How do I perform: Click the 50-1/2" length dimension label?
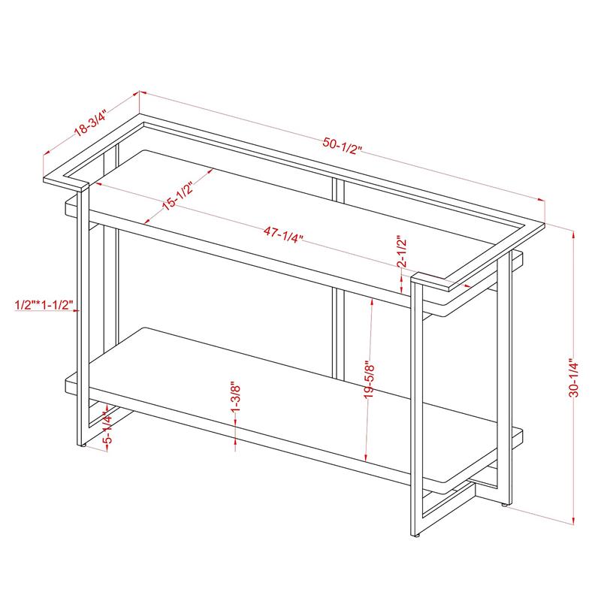coord(342,146)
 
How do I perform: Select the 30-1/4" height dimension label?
coord(574,378)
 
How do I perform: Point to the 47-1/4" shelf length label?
coord(283,234)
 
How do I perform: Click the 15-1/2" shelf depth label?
coord(177,195)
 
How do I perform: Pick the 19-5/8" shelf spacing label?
coord(369,379)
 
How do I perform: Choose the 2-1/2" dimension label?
coord(401,251)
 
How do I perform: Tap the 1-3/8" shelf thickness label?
coord(235,397)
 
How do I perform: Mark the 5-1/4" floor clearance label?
coord(107,428)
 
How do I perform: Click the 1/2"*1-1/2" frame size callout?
coord(44,305)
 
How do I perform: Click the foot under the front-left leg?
coord(82,445)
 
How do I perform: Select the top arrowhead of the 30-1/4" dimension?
coord(573,234)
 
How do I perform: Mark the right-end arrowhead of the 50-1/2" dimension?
coord(541,199)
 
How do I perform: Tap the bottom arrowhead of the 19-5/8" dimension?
coord(366,457)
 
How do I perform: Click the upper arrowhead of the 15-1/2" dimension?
coord(210,171)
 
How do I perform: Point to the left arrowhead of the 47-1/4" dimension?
coord(98,184)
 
